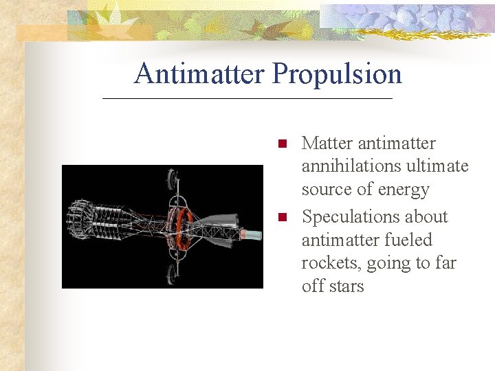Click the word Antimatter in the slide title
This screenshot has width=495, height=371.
coord(199,74)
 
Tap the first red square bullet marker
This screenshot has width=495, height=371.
coord(281,144)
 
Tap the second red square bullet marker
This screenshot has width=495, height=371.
coord(281,218)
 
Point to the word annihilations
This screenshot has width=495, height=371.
coord(350,166)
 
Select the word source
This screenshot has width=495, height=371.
coord(327,190)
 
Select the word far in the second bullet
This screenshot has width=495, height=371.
coord(443,264)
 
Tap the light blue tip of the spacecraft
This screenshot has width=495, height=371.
coord(253,235)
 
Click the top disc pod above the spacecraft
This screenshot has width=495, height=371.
coord(171,179)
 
